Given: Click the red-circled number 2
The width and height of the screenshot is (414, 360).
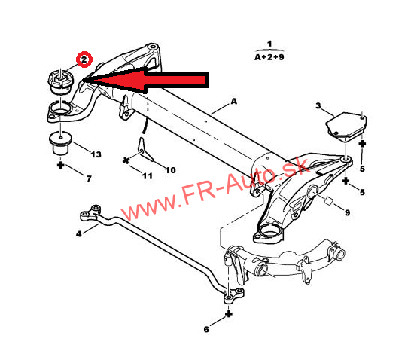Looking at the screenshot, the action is click(84, 59).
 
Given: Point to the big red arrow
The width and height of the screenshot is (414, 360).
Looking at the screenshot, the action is click(146, 80).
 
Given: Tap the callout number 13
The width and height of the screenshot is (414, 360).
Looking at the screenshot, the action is click(96, 154).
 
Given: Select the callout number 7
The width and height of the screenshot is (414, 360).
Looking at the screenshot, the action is click(89, 178).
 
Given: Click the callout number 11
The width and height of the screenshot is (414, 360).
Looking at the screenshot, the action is click(148, 175).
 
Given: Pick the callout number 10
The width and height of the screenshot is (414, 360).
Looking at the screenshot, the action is click(171, 170).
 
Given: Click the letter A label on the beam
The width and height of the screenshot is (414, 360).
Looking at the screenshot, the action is click(234, 101).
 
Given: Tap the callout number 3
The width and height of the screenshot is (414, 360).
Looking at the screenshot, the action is click(318, 105).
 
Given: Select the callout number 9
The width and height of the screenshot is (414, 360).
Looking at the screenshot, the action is click(347, 212).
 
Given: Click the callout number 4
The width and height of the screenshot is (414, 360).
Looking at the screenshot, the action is click(79, 233).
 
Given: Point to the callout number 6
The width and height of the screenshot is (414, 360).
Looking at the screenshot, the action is click(206, 329).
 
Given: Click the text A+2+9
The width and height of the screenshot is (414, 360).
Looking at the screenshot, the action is click(269, 57).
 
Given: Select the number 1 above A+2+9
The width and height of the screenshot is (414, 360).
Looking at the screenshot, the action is click(269, 44).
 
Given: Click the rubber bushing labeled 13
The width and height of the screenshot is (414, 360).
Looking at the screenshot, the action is click(61, 143).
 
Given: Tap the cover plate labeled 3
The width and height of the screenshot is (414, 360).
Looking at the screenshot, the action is click(346, 127).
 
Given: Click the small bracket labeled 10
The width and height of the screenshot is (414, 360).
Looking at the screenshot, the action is click(145, 150).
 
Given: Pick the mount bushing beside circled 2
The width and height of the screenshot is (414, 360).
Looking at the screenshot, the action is click(61, 81).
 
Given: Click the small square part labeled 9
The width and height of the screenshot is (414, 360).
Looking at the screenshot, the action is click(329, 201).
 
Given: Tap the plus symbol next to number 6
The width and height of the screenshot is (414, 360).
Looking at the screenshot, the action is click(229, 314).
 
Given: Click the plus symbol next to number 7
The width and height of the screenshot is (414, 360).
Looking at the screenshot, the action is click(61, 166).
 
